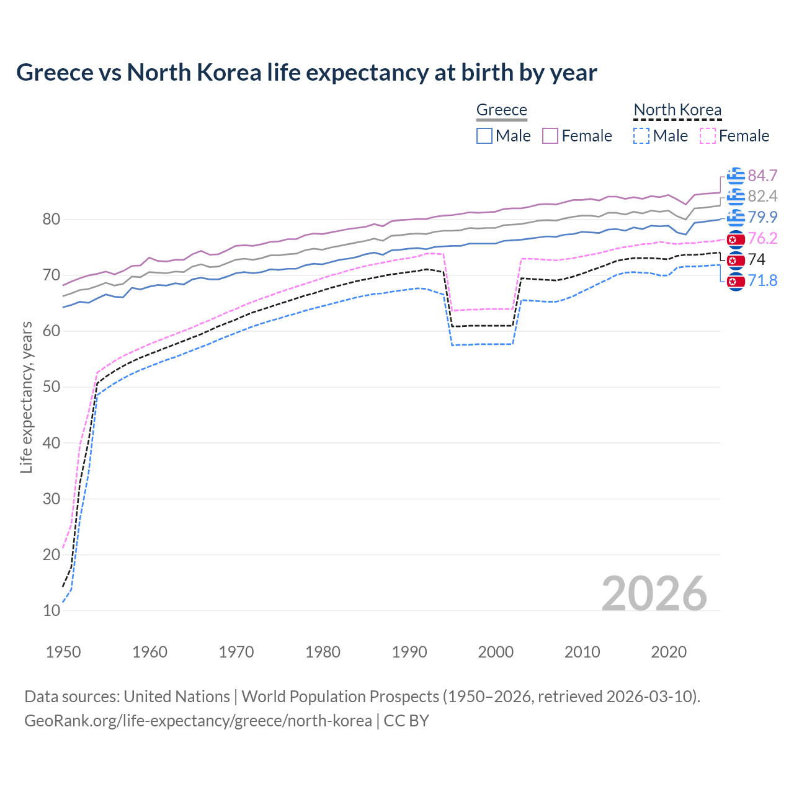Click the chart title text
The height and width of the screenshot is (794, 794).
[306, 73]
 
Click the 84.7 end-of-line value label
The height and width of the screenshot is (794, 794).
[762, 176]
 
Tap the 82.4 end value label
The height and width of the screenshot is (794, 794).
[762, 197]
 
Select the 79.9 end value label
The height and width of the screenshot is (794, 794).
[762, 217]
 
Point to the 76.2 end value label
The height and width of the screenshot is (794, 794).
[762, 239]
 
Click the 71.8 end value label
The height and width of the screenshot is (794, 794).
[762, 281]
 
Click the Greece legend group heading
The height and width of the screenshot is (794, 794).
[501, 110]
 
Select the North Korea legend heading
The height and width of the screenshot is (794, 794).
[677, 110]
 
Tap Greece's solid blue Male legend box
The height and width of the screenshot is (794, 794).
[484, 136]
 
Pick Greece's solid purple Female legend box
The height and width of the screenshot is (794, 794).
[550, 136]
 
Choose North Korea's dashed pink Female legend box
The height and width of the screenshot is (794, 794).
[708, 136]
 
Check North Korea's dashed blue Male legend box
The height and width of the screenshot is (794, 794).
[641, 136]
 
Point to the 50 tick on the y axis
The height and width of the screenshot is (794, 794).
[51, 387]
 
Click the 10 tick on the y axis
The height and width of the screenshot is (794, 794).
[51, 610]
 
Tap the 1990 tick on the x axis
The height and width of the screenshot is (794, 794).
[409, 652]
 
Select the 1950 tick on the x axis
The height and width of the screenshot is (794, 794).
[63, 652]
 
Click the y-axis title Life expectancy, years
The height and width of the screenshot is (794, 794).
[26, 397]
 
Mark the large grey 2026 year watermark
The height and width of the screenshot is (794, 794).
[654, 594]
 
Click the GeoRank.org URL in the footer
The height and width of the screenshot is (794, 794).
[198, 721]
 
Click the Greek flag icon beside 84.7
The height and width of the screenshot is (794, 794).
[735, 176]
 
